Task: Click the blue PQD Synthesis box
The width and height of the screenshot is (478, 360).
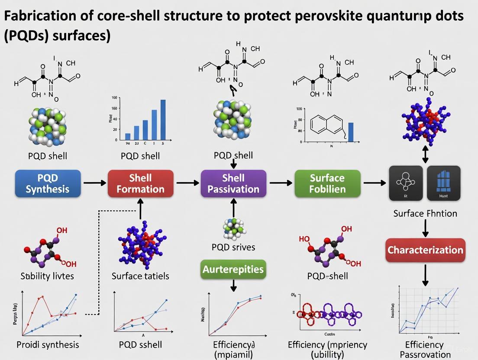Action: (x=48, y=183)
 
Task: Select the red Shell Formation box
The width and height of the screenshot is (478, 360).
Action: (x=140, y=183)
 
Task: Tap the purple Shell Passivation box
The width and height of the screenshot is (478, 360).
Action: (x=234, y=183)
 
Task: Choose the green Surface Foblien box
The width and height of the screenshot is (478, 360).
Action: (x=327, y=183)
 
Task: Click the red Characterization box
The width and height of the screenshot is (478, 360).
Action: (x=425, y=250)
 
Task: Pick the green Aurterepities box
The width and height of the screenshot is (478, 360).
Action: (x=233, y=269)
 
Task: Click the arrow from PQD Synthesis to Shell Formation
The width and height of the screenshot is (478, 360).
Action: (x=94, y=183)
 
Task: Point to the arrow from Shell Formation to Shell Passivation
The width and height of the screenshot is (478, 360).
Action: (x=187, y=183)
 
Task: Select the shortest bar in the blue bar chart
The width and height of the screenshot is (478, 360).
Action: (x=128, y=136)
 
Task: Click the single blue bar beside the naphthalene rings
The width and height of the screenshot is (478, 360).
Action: (x=351, y=132)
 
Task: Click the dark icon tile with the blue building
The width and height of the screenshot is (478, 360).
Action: (x=444, y=183)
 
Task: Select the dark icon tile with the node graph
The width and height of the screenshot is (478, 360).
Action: (x=406, y=183)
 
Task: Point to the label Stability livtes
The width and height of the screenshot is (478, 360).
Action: (x=47, y=276)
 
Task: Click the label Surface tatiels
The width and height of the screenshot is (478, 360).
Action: (x=140, y=276)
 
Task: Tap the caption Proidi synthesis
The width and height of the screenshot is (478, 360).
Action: (x=48, y=344)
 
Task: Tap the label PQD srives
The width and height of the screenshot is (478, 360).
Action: (x=233, y=247)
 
